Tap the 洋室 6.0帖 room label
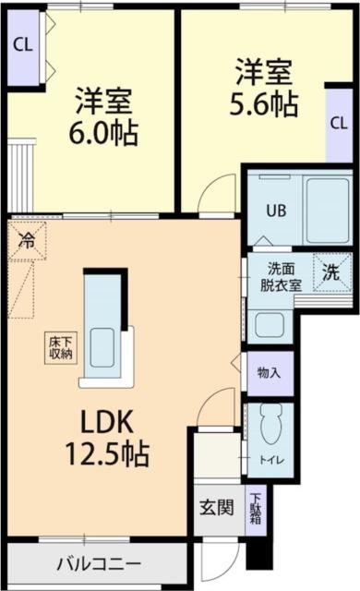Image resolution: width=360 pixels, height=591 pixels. pyautogui.click(x=101, y=116)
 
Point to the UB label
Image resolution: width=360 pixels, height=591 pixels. pyautogui.click(x=276, y=210)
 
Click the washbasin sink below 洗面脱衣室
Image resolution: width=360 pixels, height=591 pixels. pyautogui.click(x=270, y=324)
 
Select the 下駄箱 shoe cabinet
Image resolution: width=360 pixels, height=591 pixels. pyautogui.click(x=255, y=509)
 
